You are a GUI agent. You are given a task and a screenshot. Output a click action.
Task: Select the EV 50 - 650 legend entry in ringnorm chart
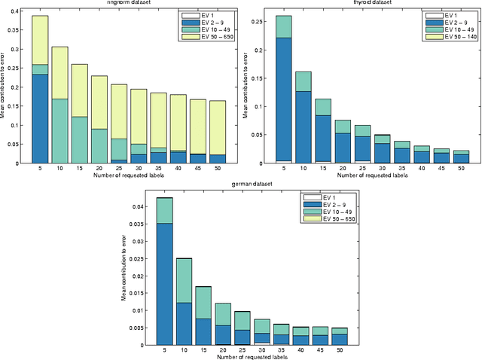[x=209, y=36]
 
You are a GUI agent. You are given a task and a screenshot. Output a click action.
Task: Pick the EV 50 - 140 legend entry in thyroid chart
[x=450, y=36]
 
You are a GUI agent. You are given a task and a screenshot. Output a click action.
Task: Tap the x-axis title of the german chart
[x=242, y=356]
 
